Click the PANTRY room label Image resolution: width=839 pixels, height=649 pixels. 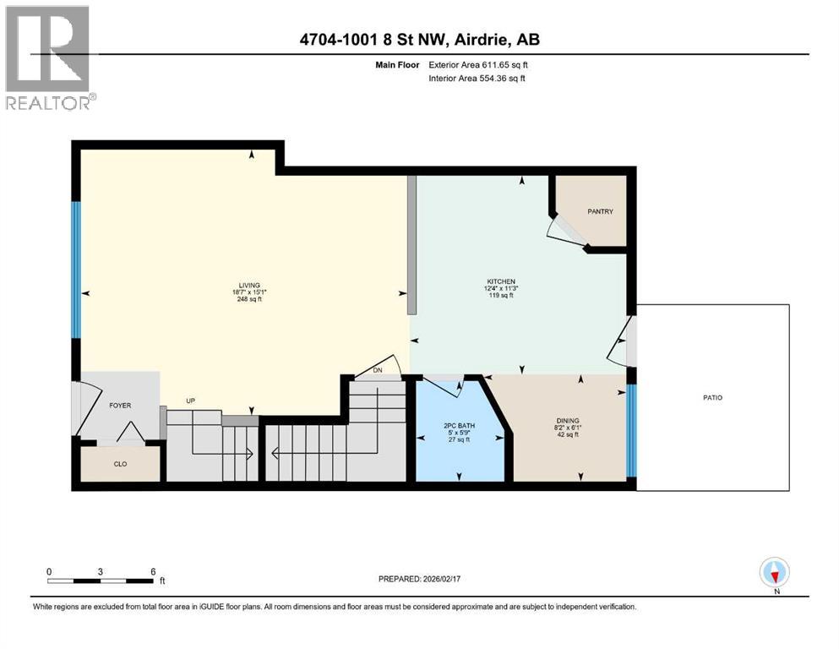pos(601,211)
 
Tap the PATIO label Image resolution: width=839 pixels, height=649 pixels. pos(713,397)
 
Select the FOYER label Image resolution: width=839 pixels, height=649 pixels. pos(120,406)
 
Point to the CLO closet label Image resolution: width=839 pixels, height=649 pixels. pos(120,464)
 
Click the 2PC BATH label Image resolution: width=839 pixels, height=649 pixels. pos(459,426)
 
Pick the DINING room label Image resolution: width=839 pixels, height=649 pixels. pos(568,421)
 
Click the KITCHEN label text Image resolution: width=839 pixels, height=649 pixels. pos(501,281)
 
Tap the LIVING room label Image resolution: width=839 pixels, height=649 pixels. pos(249,286)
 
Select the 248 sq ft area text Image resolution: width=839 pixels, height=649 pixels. pos(249,300)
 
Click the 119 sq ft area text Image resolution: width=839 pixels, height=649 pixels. pos(501,295)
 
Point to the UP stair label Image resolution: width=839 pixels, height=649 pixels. pos(190,401)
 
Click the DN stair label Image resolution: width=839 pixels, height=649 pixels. pos(378,370)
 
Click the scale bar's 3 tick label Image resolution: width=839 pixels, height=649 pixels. pos(100,571)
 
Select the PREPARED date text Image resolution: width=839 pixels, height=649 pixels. pos(419,579)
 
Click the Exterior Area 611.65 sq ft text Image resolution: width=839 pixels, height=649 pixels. pos(478,65)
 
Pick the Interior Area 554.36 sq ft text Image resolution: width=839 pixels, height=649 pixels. pos(477,78)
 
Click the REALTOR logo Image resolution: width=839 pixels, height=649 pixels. pos(50,57)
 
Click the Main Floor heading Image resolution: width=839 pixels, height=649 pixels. pos(398,65)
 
